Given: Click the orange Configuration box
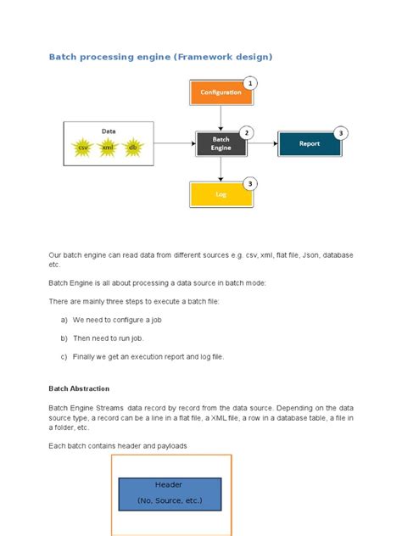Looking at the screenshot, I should click(221, 92).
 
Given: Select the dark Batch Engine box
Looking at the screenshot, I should click(221, 143).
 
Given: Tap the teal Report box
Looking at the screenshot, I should click(309, 143).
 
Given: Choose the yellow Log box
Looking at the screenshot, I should click(221, 194).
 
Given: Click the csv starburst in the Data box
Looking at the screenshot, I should click(83, 148).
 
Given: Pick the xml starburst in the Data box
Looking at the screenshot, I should click(108, 148).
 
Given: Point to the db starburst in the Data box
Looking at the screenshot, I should click(132, 148).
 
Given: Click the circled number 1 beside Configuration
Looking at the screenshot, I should click(249, 83).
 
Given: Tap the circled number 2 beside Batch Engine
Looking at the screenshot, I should click(247, 132).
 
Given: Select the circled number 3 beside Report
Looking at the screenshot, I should click(340, 132).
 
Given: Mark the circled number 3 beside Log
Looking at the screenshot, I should click(249, 183).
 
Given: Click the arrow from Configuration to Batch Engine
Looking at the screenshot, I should click(221, 118).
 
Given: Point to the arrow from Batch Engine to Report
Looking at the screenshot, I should click(262, 143).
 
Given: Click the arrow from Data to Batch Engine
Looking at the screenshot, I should click(175, 143).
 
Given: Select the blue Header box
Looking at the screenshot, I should click(170, 493).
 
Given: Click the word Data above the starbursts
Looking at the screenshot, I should click(109, 131).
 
